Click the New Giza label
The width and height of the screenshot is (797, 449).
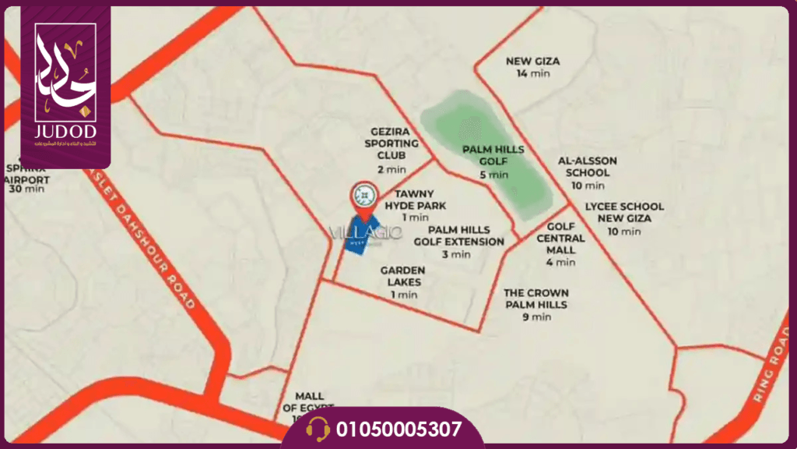point(533,66)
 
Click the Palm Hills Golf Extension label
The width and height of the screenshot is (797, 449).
point(458,241)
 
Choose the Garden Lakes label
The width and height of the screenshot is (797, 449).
point(402,281)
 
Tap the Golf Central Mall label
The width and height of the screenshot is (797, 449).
point(560,243)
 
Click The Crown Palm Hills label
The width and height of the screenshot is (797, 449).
point(535,304)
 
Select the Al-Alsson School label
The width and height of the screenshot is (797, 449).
point(587,172)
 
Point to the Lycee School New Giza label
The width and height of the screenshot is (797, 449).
point(624,218)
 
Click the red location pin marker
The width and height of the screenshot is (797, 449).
point(363,198)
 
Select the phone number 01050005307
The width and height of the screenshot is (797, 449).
point(399,429)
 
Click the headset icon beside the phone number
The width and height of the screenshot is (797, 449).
point(318,429)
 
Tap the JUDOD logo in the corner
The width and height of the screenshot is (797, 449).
point(65,86)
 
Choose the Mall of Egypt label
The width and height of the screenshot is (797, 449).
point(309,403)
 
